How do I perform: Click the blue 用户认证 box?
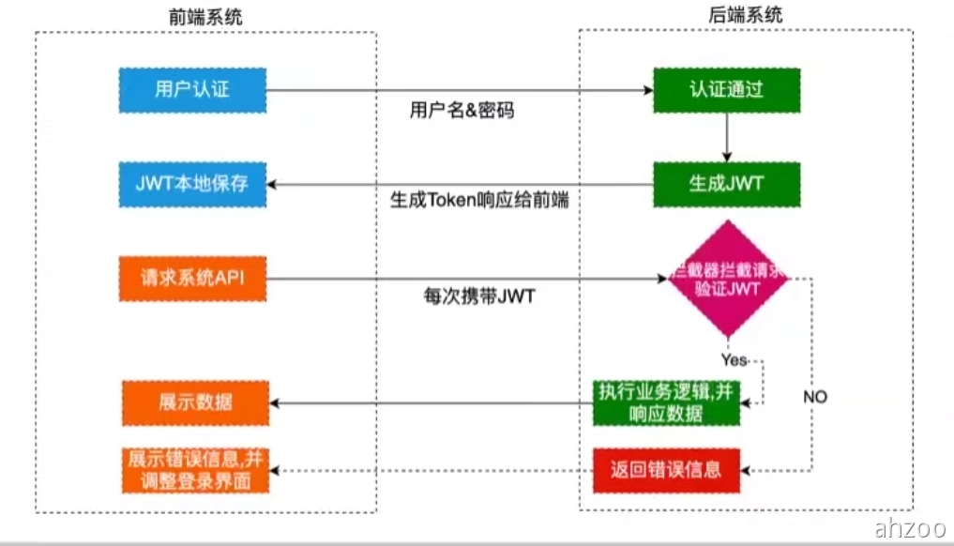coord(192,90)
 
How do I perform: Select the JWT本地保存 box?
coord(192,184)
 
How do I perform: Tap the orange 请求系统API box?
coord(192,278)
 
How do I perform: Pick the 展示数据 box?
coord(194,403)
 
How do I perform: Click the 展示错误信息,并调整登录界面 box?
coord(194,471)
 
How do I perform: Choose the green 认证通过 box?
coord(727,90)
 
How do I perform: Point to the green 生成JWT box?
coord(727,184)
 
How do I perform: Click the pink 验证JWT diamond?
coord(727,279)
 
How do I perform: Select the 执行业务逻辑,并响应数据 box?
coord(666,403)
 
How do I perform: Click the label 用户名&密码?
coord(462,111)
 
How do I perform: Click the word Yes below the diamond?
coord(734,359)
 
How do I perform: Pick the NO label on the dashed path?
coord(815,397)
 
